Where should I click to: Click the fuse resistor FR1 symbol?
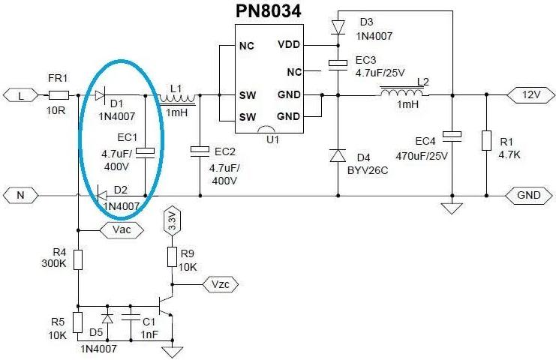point(59,95)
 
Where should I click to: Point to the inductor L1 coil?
point(178,96)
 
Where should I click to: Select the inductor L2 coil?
point(404,93)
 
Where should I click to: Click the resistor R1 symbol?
point(486,142)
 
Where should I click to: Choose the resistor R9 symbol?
point(171,253)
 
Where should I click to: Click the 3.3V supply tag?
point(171,220)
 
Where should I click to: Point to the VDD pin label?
point(288,45)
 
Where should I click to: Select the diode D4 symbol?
point(337,156)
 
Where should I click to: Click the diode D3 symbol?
point(337,27)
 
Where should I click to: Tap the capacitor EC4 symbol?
point(452,136)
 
